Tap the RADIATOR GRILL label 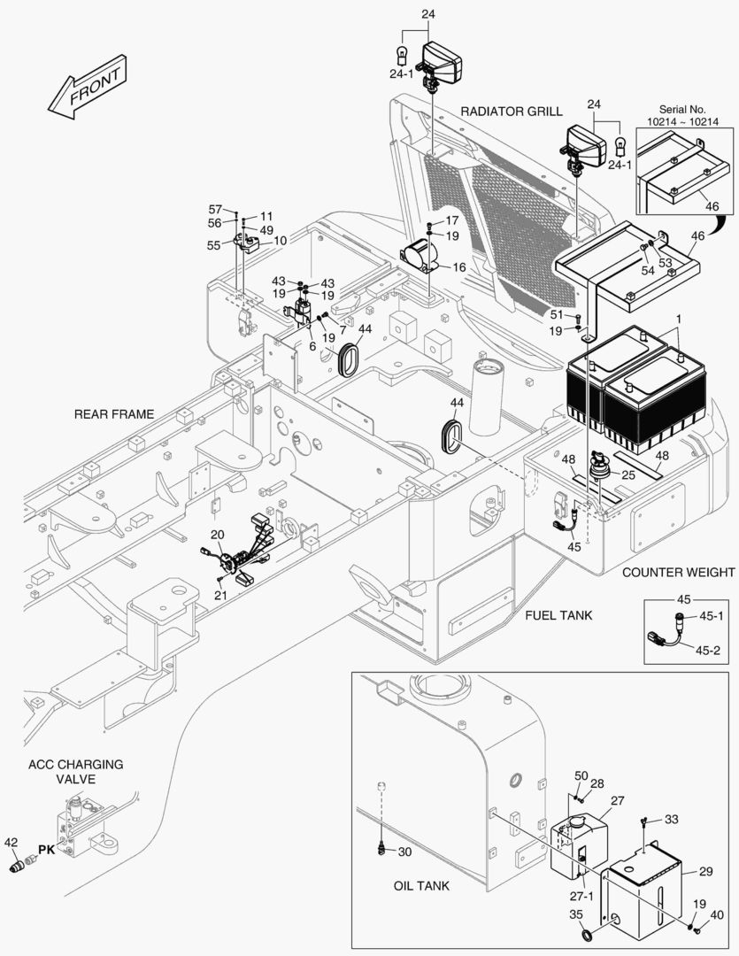(511, 112)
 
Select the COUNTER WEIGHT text (678, 572)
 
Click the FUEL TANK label (558, 615)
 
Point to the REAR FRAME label (113, 413)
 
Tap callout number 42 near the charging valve (12, 841)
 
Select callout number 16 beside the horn (458, 266)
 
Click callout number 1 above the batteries (679, 318)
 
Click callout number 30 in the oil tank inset (404, 852)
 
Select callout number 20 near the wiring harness (218, 534)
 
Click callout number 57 (215, 209)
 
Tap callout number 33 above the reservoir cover (672, 820)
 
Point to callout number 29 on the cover (705, 872)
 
